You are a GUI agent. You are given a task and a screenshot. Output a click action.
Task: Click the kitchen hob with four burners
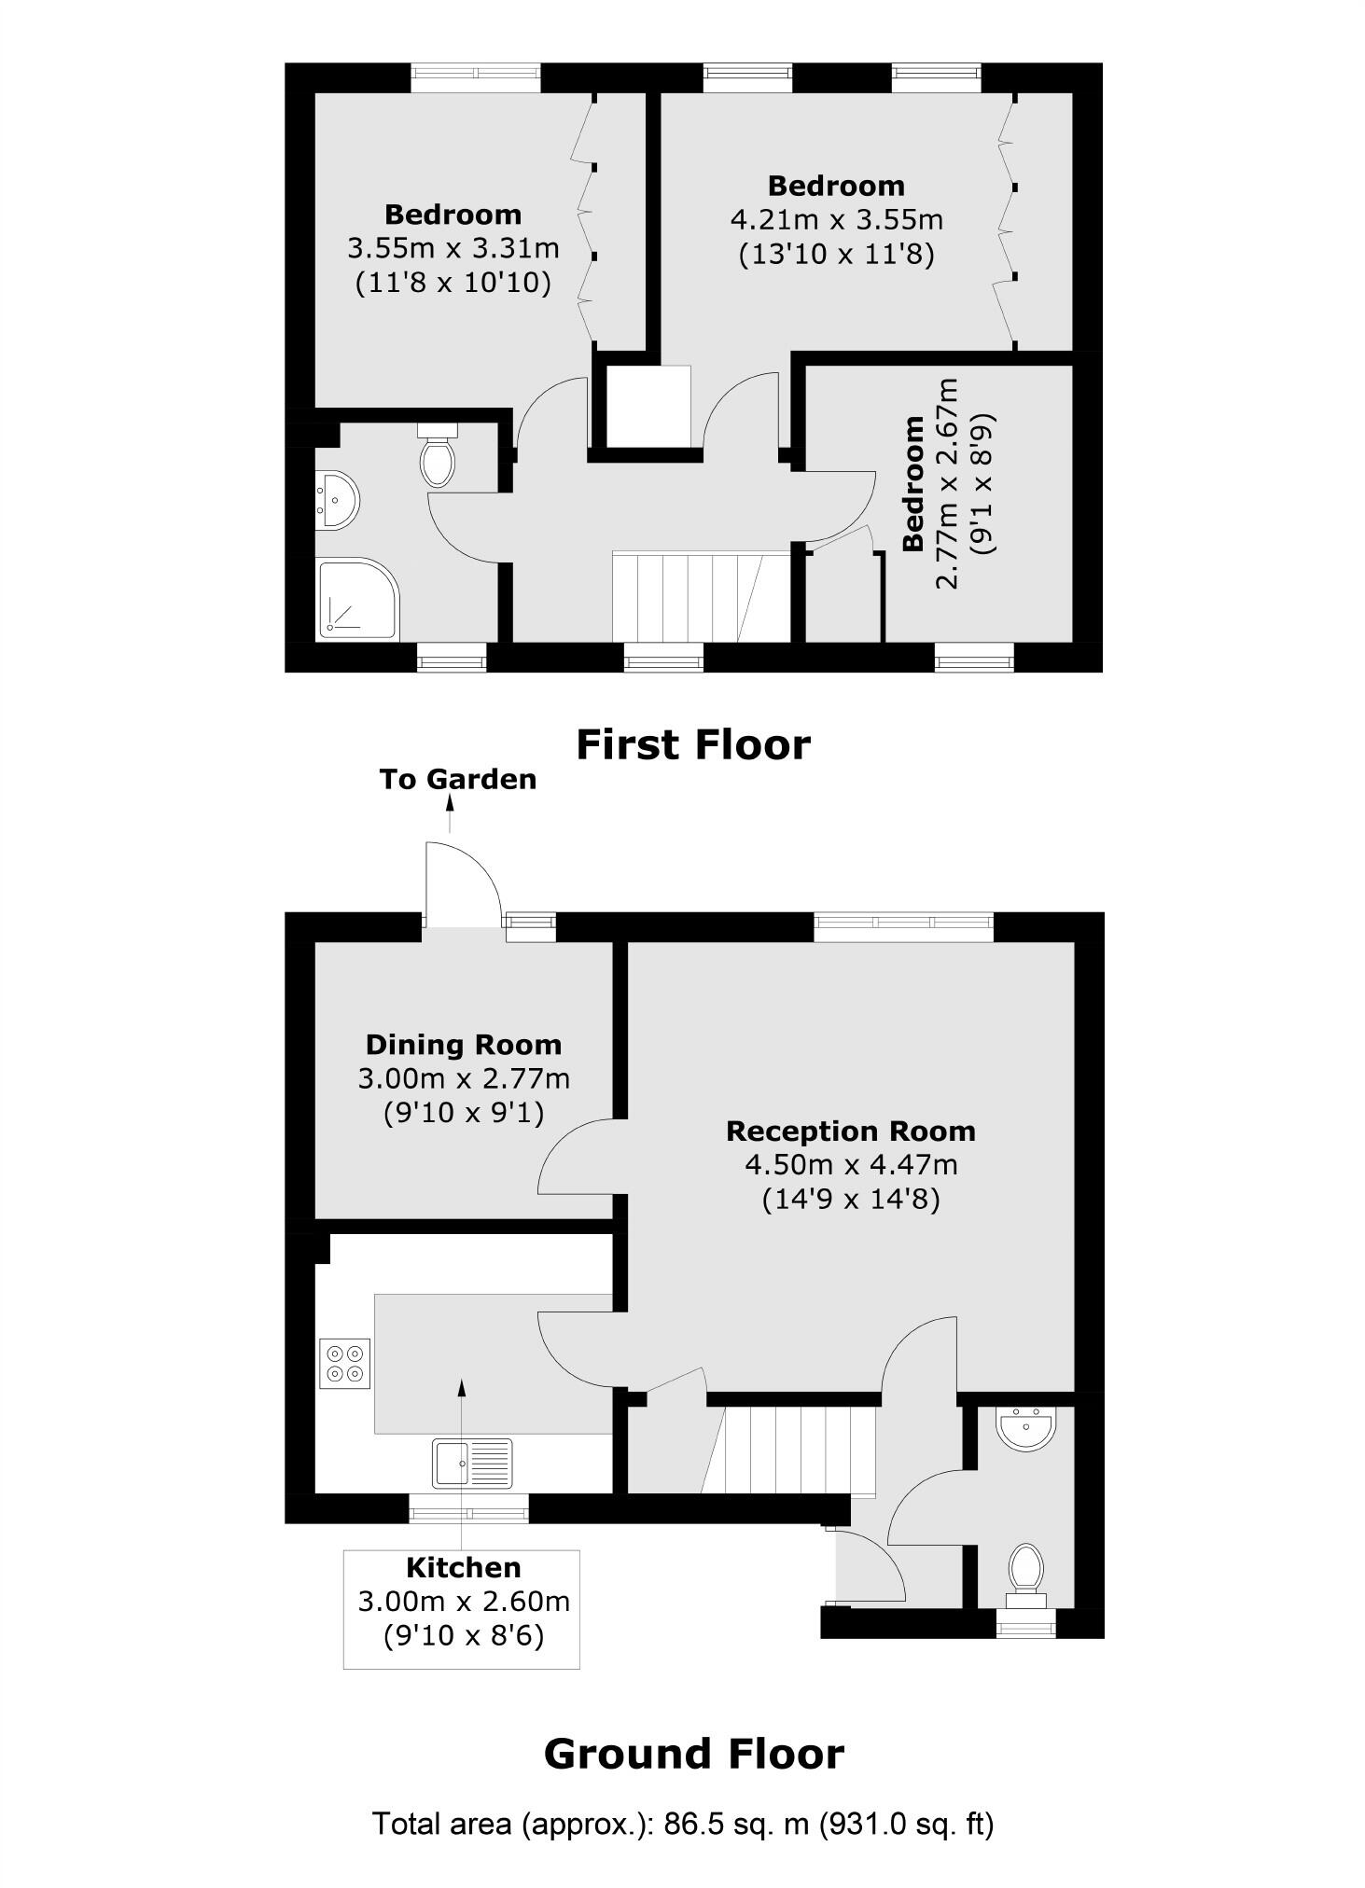click(344, 1363)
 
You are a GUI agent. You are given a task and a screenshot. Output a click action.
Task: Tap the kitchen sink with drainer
click(472, 1462)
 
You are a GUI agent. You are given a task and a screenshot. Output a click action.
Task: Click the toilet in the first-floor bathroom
click(438, 456)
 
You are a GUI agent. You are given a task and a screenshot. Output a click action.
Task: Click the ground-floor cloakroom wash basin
click(1025, 1431)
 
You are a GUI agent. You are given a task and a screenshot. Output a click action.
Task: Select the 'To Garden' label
click(457, 779)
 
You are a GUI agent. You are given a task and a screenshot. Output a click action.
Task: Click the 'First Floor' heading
click(692, 745)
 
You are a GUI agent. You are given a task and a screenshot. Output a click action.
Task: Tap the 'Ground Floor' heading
click(693, 1754)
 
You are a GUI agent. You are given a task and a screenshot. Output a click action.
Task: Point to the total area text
click(683, 1823)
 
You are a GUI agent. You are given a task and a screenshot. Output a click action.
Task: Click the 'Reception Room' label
click(850, 1131)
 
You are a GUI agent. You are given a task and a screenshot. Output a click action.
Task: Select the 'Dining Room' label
click(463, 1045)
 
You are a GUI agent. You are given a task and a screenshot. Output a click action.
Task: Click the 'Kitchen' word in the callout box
click(463, 1568)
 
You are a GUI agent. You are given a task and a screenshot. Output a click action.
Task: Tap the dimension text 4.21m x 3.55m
click(836, 220)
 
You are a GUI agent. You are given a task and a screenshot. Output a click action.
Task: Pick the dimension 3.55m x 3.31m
click(453, 248)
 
